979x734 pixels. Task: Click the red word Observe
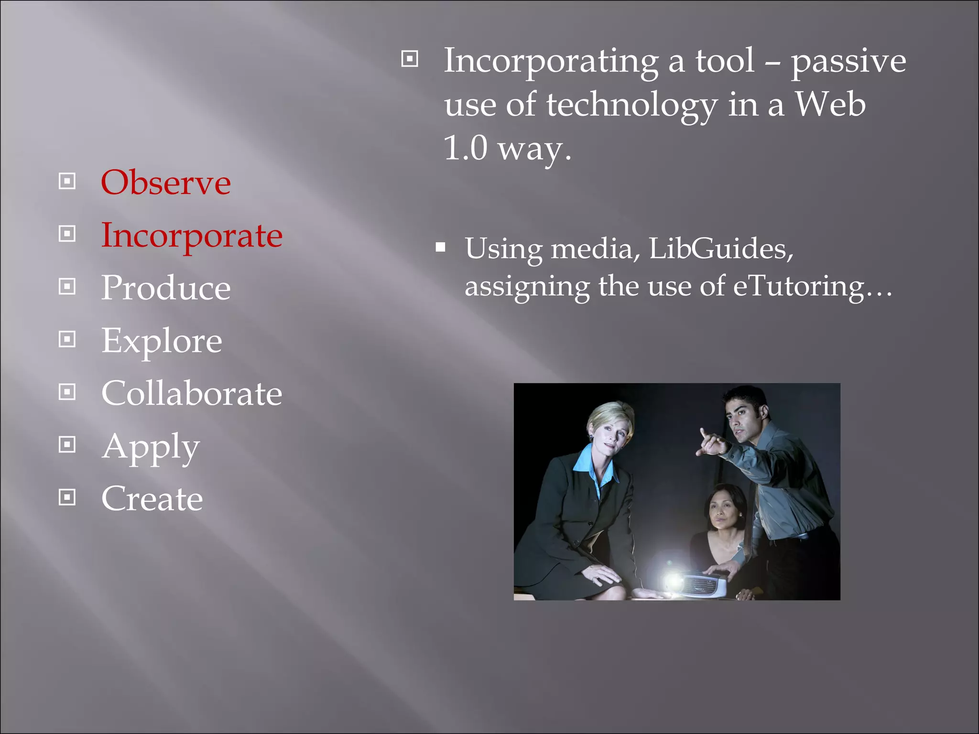pyautogui.click(x=165, y=183)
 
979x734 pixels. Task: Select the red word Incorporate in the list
pyautogui.click(x=192, y=236)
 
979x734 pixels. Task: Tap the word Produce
pyautogui.click(x=166, y=288)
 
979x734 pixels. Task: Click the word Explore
pyautogui.click(x=162, y=341)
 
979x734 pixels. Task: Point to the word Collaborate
pyautogui.click(x=192, y=393)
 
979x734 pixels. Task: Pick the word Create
pyautogui.click(x=152, y=499)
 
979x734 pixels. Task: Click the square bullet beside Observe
pyautogui.click(x=67, y=181)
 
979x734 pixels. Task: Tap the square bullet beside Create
pyautogui.click(x=67, y=497)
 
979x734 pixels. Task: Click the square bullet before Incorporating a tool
pyautogui.click(x=410, y=59)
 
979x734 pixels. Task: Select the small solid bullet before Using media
pyautogui.click(x=441, y=248)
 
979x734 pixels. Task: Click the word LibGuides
pyautogui.click(x=721, y=248)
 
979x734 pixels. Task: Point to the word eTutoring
pyautogui.click(x=798, y=286)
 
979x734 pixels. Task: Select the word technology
pyautogui.click(x=631, y=105)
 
